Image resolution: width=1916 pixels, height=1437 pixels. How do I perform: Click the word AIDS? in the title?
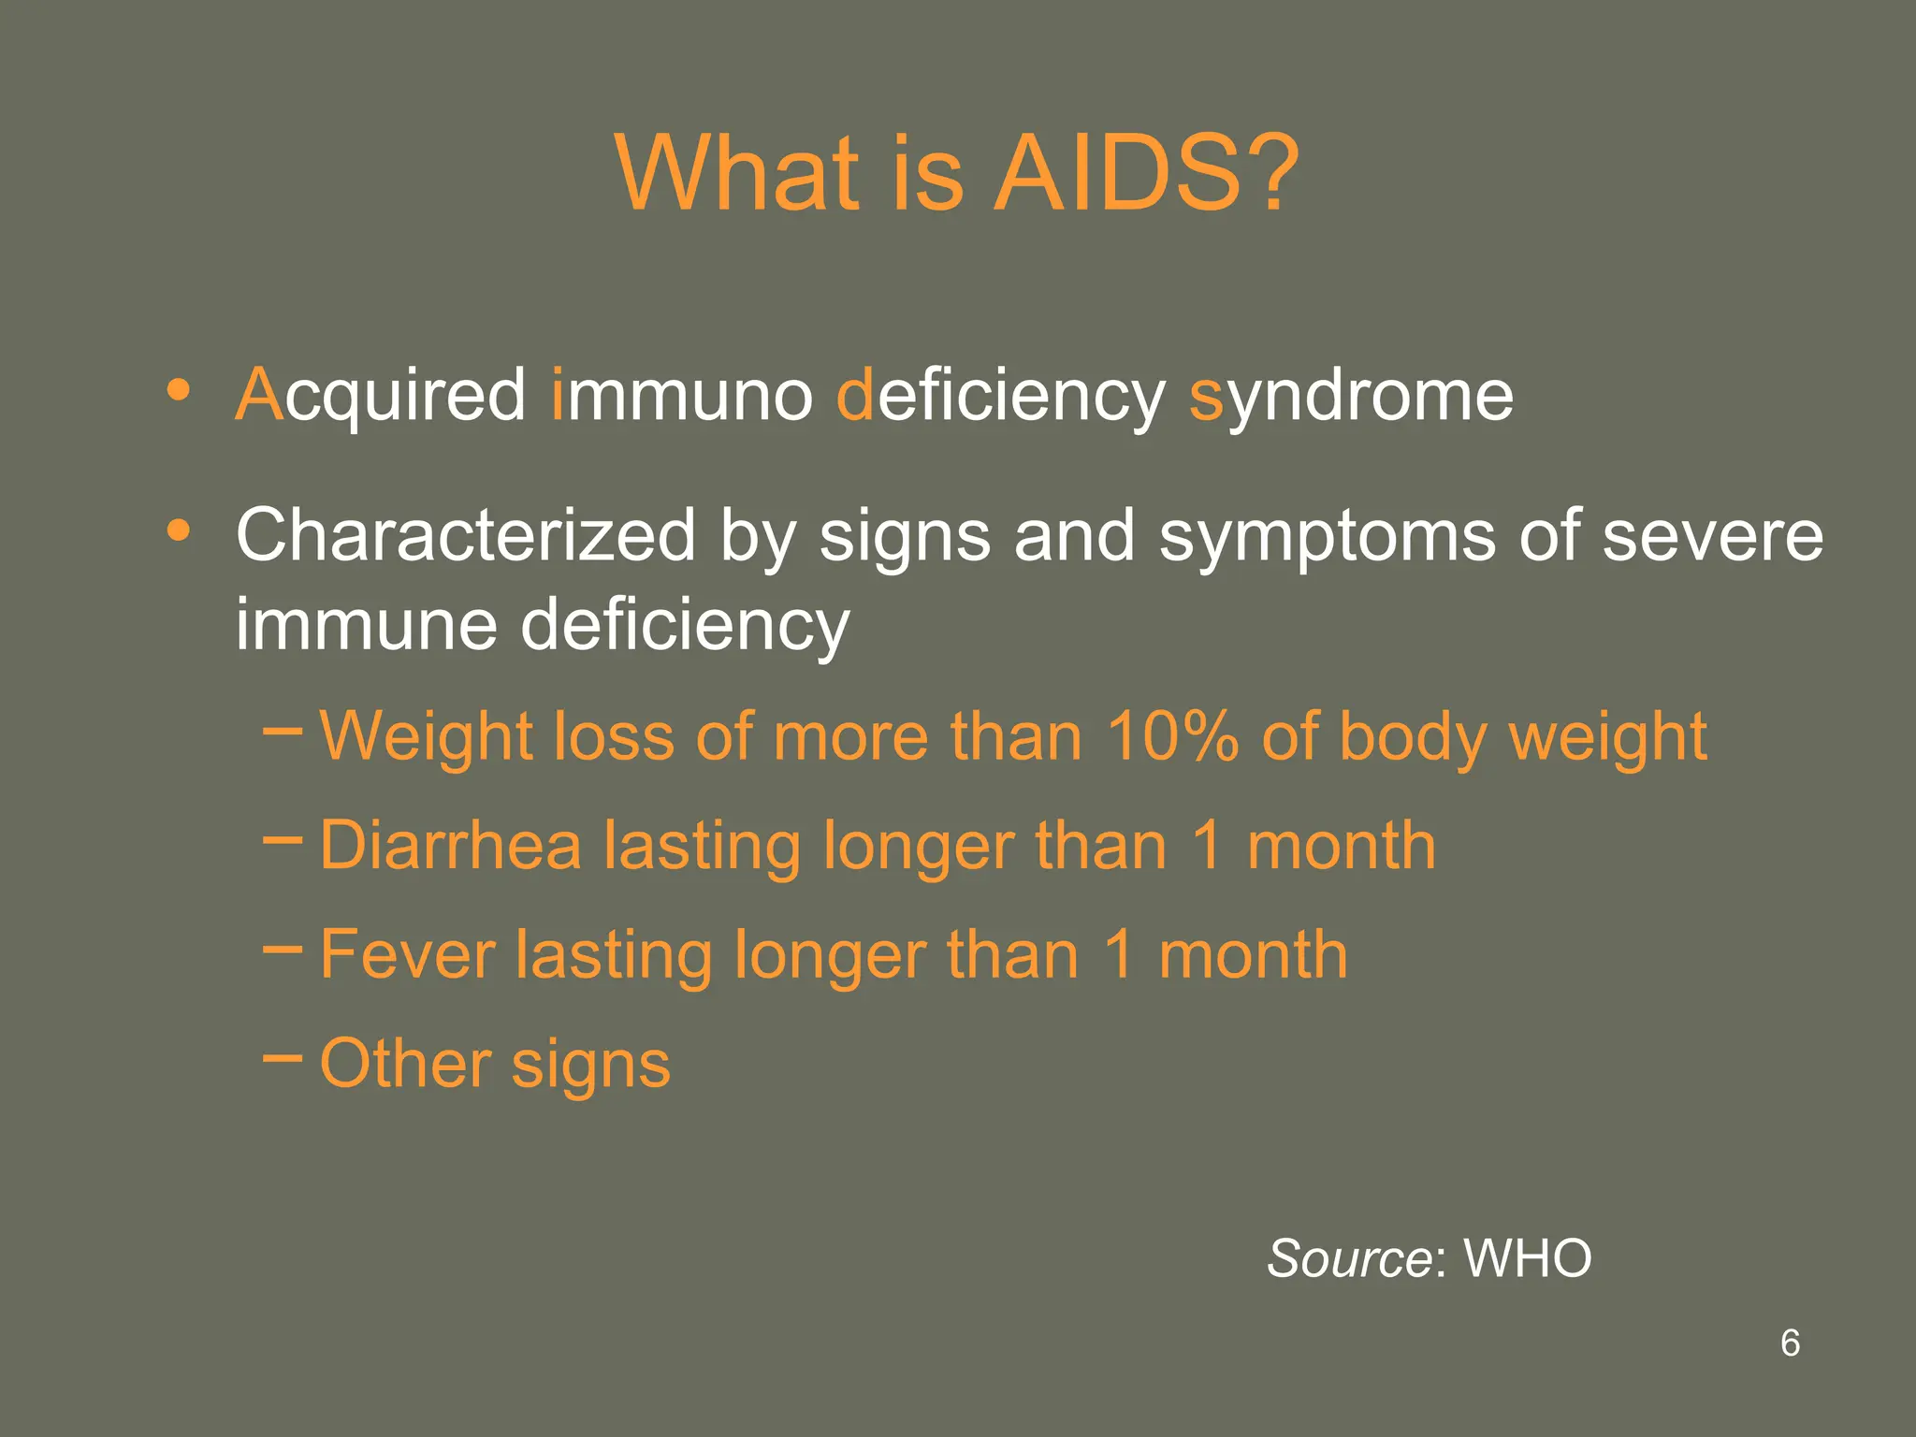[x=1145, y=173]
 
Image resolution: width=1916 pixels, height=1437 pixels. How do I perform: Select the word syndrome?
[x=1351, y=396]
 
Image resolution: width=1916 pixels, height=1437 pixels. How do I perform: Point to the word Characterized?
[x=466, y=536]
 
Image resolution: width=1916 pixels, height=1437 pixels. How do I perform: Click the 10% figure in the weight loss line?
[x=1171, y=736]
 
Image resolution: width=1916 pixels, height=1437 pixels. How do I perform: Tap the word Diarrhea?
[x=450, y=846]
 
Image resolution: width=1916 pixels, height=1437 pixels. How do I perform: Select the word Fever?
[x=407, y=955]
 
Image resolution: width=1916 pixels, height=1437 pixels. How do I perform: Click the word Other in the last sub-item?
[x=405, y=1064]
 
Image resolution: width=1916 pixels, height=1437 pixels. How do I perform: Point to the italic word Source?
[x=1348, y=1258]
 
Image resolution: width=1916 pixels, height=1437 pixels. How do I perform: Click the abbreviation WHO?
[x=1527, y=1258]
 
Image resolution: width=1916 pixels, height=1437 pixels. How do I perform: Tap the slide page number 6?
[x=1790, y=1343]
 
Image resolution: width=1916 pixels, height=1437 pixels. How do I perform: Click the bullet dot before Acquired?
[x=178, y=389]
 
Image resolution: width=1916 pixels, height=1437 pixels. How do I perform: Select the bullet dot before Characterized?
[x=178, y=530]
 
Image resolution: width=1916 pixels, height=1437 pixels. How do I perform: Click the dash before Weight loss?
[x=283, y=730]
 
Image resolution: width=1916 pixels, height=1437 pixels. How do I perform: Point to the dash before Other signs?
[x=283, y=1057]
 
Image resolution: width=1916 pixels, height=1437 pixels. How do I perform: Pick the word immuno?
[x=682, y=396]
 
